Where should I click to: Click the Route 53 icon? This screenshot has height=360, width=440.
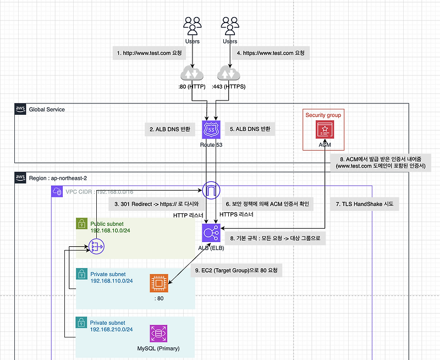(x=211, y=130)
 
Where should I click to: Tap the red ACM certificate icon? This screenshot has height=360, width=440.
(x=324, y=130)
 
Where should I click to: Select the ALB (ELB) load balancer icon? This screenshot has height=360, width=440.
(x=211, y=233)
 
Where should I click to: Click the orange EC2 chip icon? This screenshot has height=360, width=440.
(x=159, y=284)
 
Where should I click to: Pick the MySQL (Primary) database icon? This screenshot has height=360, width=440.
(x=159, y=334)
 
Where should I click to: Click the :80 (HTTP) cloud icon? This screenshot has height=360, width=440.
(x=191, y=74)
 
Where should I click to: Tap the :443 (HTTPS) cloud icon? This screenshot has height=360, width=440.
(x=229, y=74)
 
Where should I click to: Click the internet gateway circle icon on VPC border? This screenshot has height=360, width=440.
(x=211, y=190)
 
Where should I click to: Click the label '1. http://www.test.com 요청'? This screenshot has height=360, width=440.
(x=150, y=53)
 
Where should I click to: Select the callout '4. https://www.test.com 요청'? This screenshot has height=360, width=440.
(x=270, y=53)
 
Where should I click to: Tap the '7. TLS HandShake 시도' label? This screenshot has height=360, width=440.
(x=364, y=204)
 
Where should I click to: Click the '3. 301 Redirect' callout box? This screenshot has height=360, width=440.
(x=156, y=204)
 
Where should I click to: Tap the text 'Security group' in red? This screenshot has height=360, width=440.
(x=323, y=115)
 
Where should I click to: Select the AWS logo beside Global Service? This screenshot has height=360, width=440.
(x=20, y=109)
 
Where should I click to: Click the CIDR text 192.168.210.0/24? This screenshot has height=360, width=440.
(x=112, y=330)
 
